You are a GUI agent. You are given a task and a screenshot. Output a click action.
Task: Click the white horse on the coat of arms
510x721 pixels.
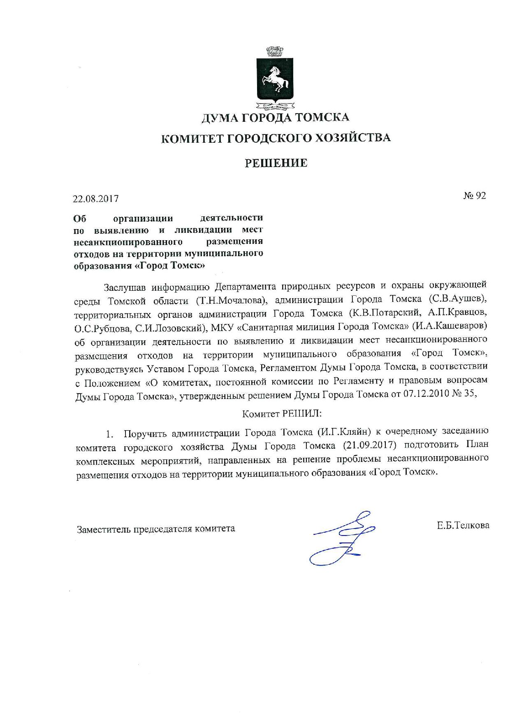click(275, 78)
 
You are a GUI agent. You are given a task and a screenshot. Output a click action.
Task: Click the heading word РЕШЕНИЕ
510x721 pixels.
click(276, 163)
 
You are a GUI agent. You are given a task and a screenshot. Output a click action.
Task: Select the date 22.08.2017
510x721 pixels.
click(96, 199)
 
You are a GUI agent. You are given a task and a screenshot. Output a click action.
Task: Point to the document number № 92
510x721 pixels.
click(475, 196)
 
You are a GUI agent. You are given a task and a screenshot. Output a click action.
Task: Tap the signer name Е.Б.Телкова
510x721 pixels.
click(463, 525)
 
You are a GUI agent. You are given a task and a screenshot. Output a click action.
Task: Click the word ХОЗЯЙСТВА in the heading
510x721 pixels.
click(352, 137)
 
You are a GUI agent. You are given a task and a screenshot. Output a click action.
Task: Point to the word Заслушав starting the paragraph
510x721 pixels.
click(125, 286)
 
